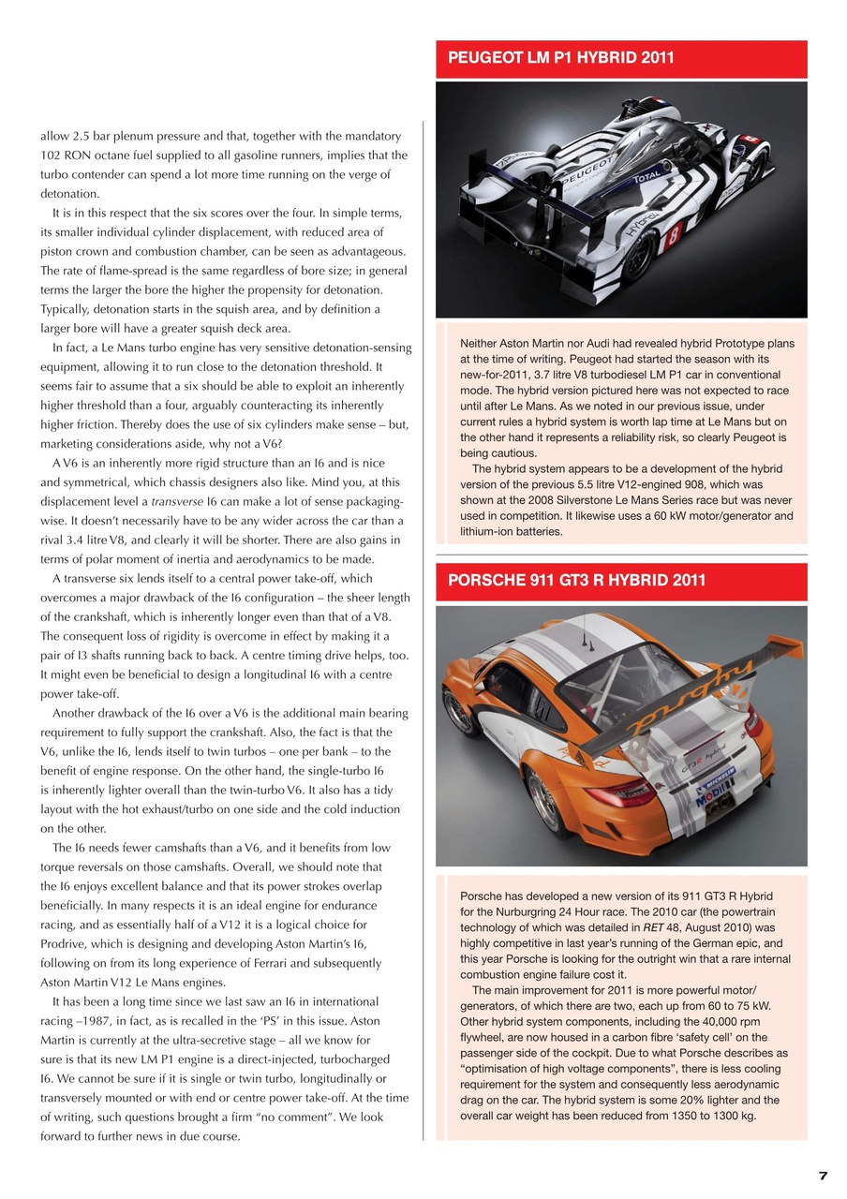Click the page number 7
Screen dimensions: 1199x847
(823, 1176)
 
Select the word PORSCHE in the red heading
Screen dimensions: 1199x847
(487, 580)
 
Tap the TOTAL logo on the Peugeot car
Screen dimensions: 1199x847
(646, 175)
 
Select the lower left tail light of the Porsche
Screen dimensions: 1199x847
(621, 792)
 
